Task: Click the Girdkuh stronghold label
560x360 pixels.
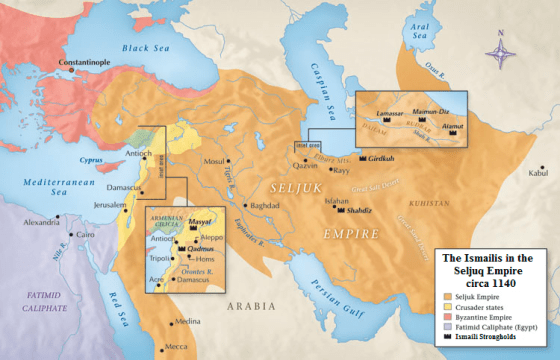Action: click(x=383, y=159)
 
